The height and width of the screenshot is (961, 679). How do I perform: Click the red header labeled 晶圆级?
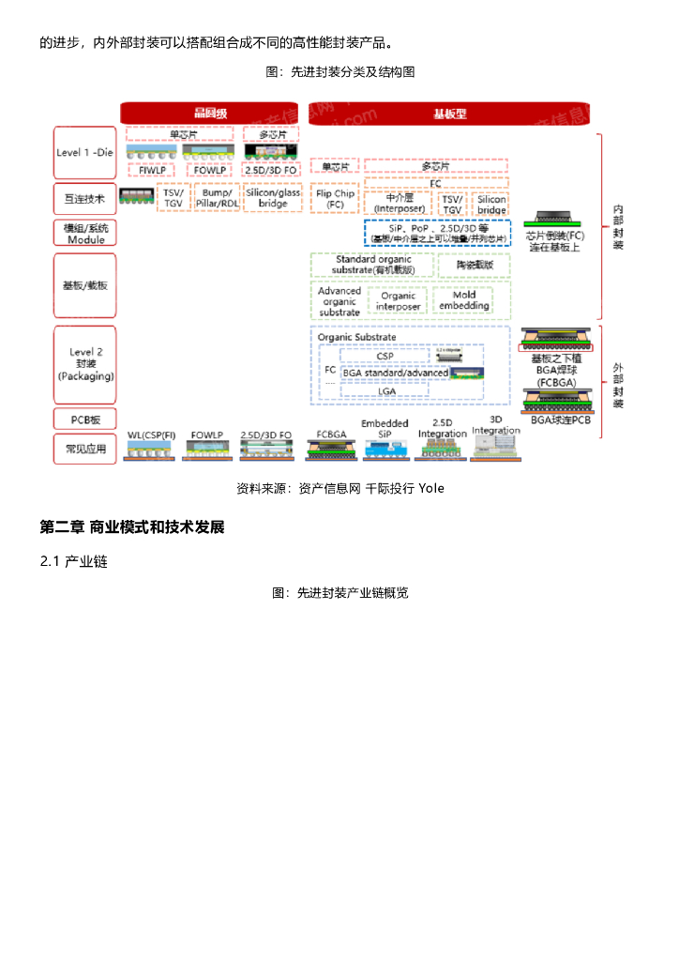(x=210, y=113)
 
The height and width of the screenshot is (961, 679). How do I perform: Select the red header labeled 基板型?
(x=449, y=113)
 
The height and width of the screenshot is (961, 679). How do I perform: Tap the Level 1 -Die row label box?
(x=85, y=152)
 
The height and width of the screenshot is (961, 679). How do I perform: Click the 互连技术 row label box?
(x=85, y=198)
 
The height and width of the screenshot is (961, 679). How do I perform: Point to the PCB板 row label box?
(x=85, y=419)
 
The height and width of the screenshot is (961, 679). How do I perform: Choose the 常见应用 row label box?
(x=85, y=449)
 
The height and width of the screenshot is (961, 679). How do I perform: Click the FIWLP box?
(x=152, y=170)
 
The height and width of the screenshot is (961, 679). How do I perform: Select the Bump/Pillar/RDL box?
(x=216, y=197)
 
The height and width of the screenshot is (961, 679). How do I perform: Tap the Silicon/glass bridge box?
(x=273, y=197)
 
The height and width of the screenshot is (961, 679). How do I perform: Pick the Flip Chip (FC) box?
(x=335, y=198)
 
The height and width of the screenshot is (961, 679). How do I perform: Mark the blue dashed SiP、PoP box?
(x=437, y=233)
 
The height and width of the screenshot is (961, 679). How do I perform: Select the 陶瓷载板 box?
(x=475, y=266)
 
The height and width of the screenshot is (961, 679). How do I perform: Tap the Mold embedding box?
(x=464, y=300)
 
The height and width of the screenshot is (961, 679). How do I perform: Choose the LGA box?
(x=386, y=390)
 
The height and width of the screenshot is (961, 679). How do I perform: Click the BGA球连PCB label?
(x=561, y=419)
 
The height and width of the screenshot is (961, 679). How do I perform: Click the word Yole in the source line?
(x=431, y=488)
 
